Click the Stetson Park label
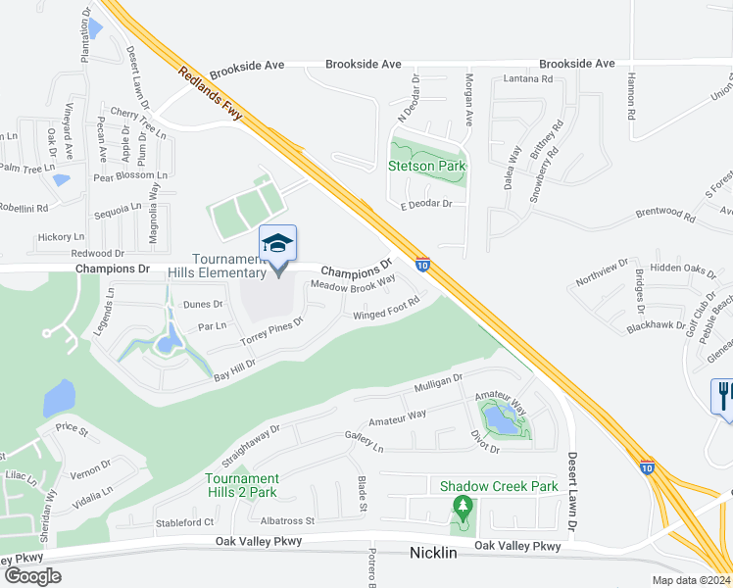tap(426, 166)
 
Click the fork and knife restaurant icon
tap(723, 396)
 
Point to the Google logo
tap(32, 575)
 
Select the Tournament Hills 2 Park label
tap(241, 485)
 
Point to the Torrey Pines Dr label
tap(271, 332)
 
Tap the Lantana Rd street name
tap(528, 78)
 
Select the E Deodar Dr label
tap(425, 204)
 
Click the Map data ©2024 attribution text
tap(690, 580)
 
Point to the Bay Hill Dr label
tap(233, 367)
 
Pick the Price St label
tap(72, 428)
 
